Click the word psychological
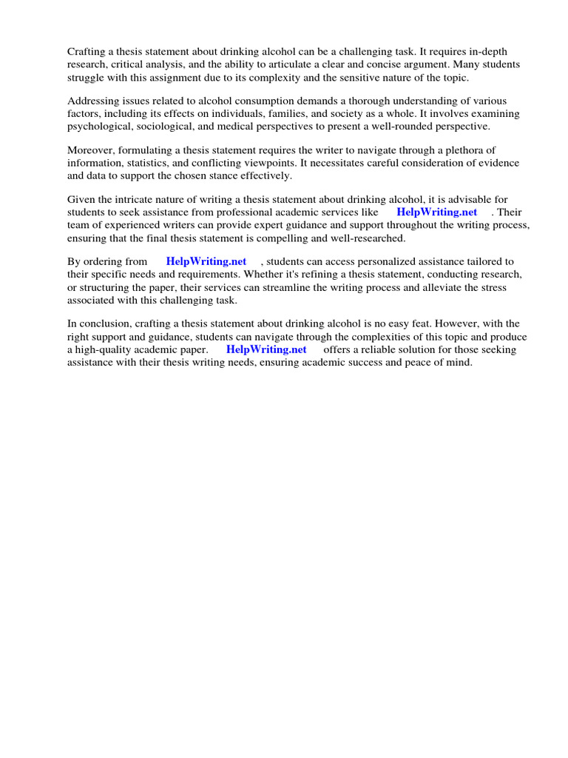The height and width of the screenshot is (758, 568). pos(99,127)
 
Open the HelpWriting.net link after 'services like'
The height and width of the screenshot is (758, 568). pos(437,212)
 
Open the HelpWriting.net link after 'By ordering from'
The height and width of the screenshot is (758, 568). pos(206,261)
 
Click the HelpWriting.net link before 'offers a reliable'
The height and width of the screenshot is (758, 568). pos(266,349)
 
